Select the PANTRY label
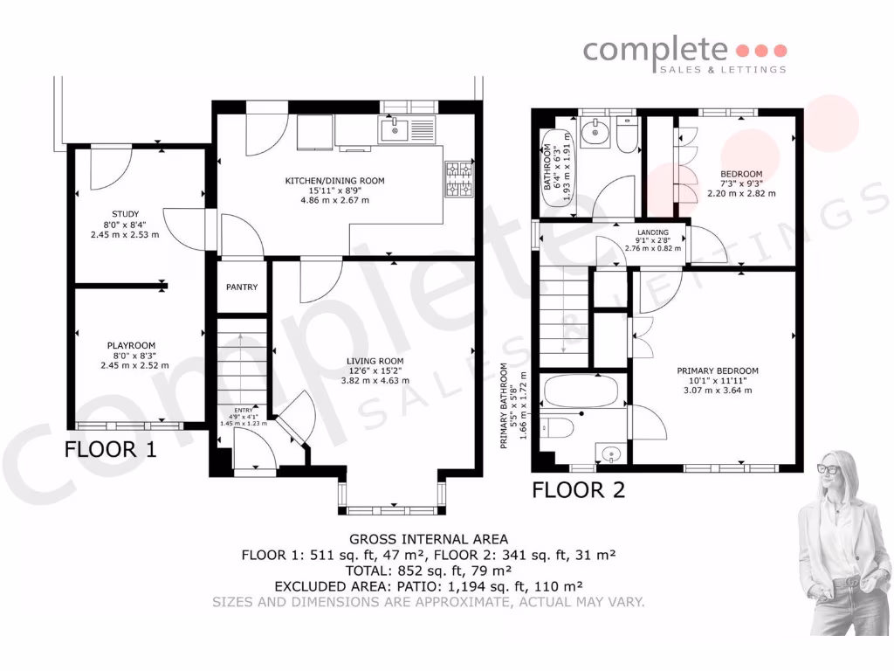coord(241,287)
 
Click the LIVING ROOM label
coord(375,361)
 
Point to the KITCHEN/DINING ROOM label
coord(334,181)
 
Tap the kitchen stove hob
coord(457,179)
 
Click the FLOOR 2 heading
coord(579,490)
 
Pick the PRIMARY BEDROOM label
coord(718,370)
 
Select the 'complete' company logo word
coord(655,50)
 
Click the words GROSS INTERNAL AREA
coord(428,539)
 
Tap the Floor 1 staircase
coord(241,358)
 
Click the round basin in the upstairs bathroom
coord(598,134)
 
